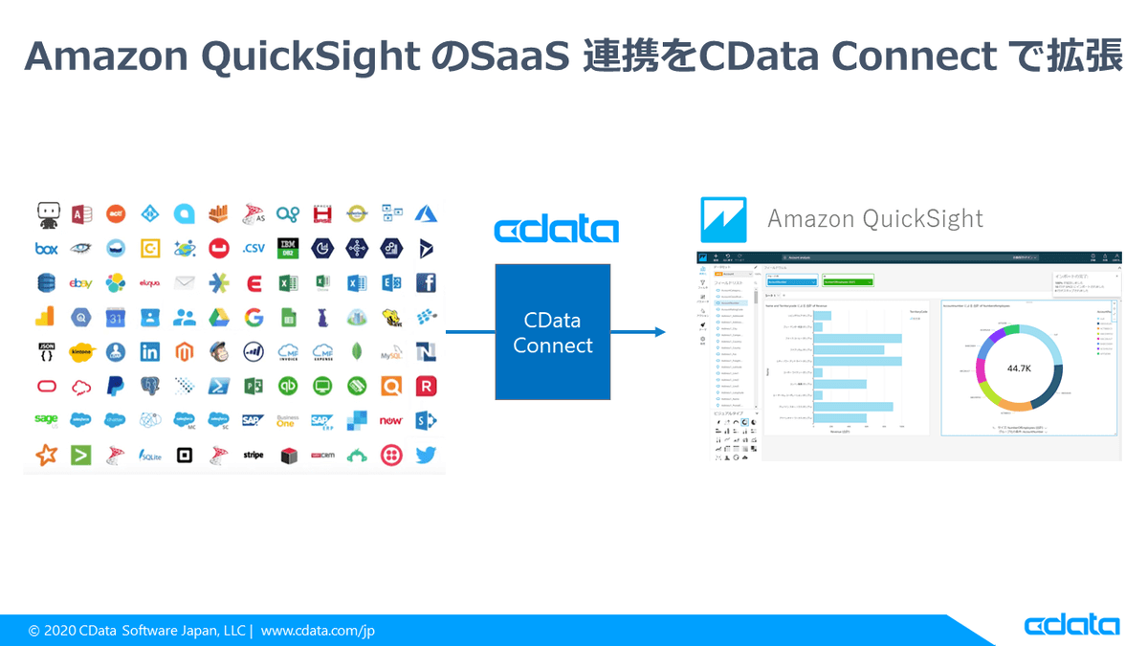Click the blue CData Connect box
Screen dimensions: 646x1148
click(552, 332)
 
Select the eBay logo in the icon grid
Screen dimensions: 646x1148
click(80, 283)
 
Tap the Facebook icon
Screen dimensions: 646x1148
click(426, 283)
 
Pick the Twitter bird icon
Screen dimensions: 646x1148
click(426, 456)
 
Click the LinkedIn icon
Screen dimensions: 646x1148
click(150, 352)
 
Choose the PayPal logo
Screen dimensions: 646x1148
click(116, 387)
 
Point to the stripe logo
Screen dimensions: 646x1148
click(254, 456)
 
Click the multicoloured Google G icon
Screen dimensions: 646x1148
click(254, 318)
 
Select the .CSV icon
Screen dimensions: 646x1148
click(254, 249)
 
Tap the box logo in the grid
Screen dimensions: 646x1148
click(47, 249)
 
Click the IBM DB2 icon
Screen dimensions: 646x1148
click(287, 249)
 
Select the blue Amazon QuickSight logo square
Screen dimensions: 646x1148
click(723, 219)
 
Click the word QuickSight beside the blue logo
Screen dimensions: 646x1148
click(923, 219)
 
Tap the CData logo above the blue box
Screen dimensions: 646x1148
click(556, 230)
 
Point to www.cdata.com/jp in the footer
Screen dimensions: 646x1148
click(319, 631)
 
